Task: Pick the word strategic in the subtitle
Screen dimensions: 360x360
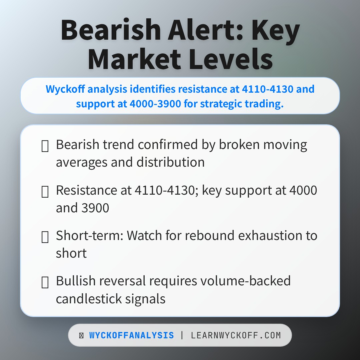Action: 216,104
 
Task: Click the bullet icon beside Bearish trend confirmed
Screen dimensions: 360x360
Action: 45,146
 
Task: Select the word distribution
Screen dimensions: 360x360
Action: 170,162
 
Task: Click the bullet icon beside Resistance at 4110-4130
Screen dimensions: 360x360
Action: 45,191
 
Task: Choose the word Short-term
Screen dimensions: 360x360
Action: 89,236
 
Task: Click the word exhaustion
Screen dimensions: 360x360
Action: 245,236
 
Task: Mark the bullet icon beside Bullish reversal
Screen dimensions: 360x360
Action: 45,282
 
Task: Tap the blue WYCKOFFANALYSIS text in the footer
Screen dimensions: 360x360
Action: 131,335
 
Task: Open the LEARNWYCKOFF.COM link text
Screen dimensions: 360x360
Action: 236,335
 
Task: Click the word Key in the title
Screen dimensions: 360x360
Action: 276,31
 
